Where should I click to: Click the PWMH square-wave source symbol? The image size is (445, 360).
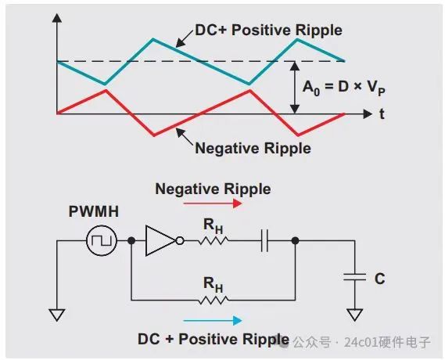(102, 241)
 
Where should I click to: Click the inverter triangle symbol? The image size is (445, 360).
(160, 241)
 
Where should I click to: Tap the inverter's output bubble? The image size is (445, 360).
(180, 241)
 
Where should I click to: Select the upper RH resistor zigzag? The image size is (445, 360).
(214, 241)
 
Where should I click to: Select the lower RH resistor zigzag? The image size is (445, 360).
(214, 300)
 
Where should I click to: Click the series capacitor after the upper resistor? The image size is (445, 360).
(264, 241)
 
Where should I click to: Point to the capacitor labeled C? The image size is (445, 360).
(354, 277)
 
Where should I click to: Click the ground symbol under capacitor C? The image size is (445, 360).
(354, 315)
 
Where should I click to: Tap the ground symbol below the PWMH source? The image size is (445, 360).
(57, 315)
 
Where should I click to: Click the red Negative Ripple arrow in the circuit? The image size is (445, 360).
(213, 203)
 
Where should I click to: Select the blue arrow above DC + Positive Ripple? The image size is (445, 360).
(213, 321)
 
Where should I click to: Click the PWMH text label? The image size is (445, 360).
(94, 211)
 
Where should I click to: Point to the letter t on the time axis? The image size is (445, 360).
(382, 113)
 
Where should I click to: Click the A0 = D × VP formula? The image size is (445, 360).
(343, 88)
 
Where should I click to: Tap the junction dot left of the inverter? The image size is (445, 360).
(131, 241)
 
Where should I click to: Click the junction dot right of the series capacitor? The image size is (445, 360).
(295, 241)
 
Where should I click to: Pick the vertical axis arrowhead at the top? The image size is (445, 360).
(57, 17)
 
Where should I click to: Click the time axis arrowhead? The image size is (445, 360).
(368, 113)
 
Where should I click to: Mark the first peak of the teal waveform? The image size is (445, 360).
(153, 39)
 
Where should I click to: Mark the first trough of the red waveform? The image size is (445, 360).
(154, 135)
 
